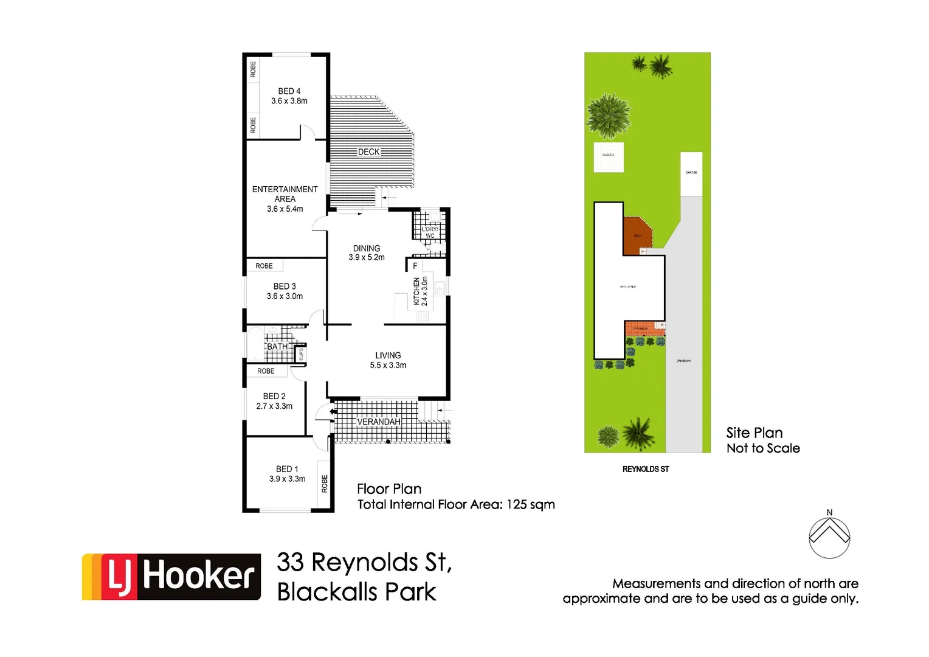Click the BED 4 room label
click(x=289, y=91)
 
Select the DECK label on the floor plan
click(x=368, y=152)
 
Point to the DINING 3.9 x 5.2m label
click(x=367, y=253)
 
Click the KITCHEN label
click(x=417, y=291)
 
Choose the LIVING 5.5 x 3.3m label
click(x=388, y=360)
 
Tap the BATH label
click(x=277, y=347)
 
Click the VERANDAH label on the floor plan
click(x=378, y=422)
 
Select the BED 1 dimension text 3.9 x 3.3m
click(x=288, y=479)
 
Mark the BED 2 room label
click(x=274, y=396)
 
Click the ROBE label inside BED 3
click(x=264, y=266)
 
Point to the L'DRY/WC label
click(x=430, y=232)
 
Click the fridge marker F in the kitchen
click(x=415, y=266)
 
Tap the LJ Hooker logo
click(x=171, y=577)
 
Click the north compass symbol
click(x=829, y=537)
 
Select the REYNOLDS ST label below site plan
click(x=645, y=469)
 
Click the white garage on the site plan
click(x=691, y=173)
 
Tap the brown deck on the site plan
click(x=637, y=235)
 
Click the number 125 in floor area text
click(x=516, y=504)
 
